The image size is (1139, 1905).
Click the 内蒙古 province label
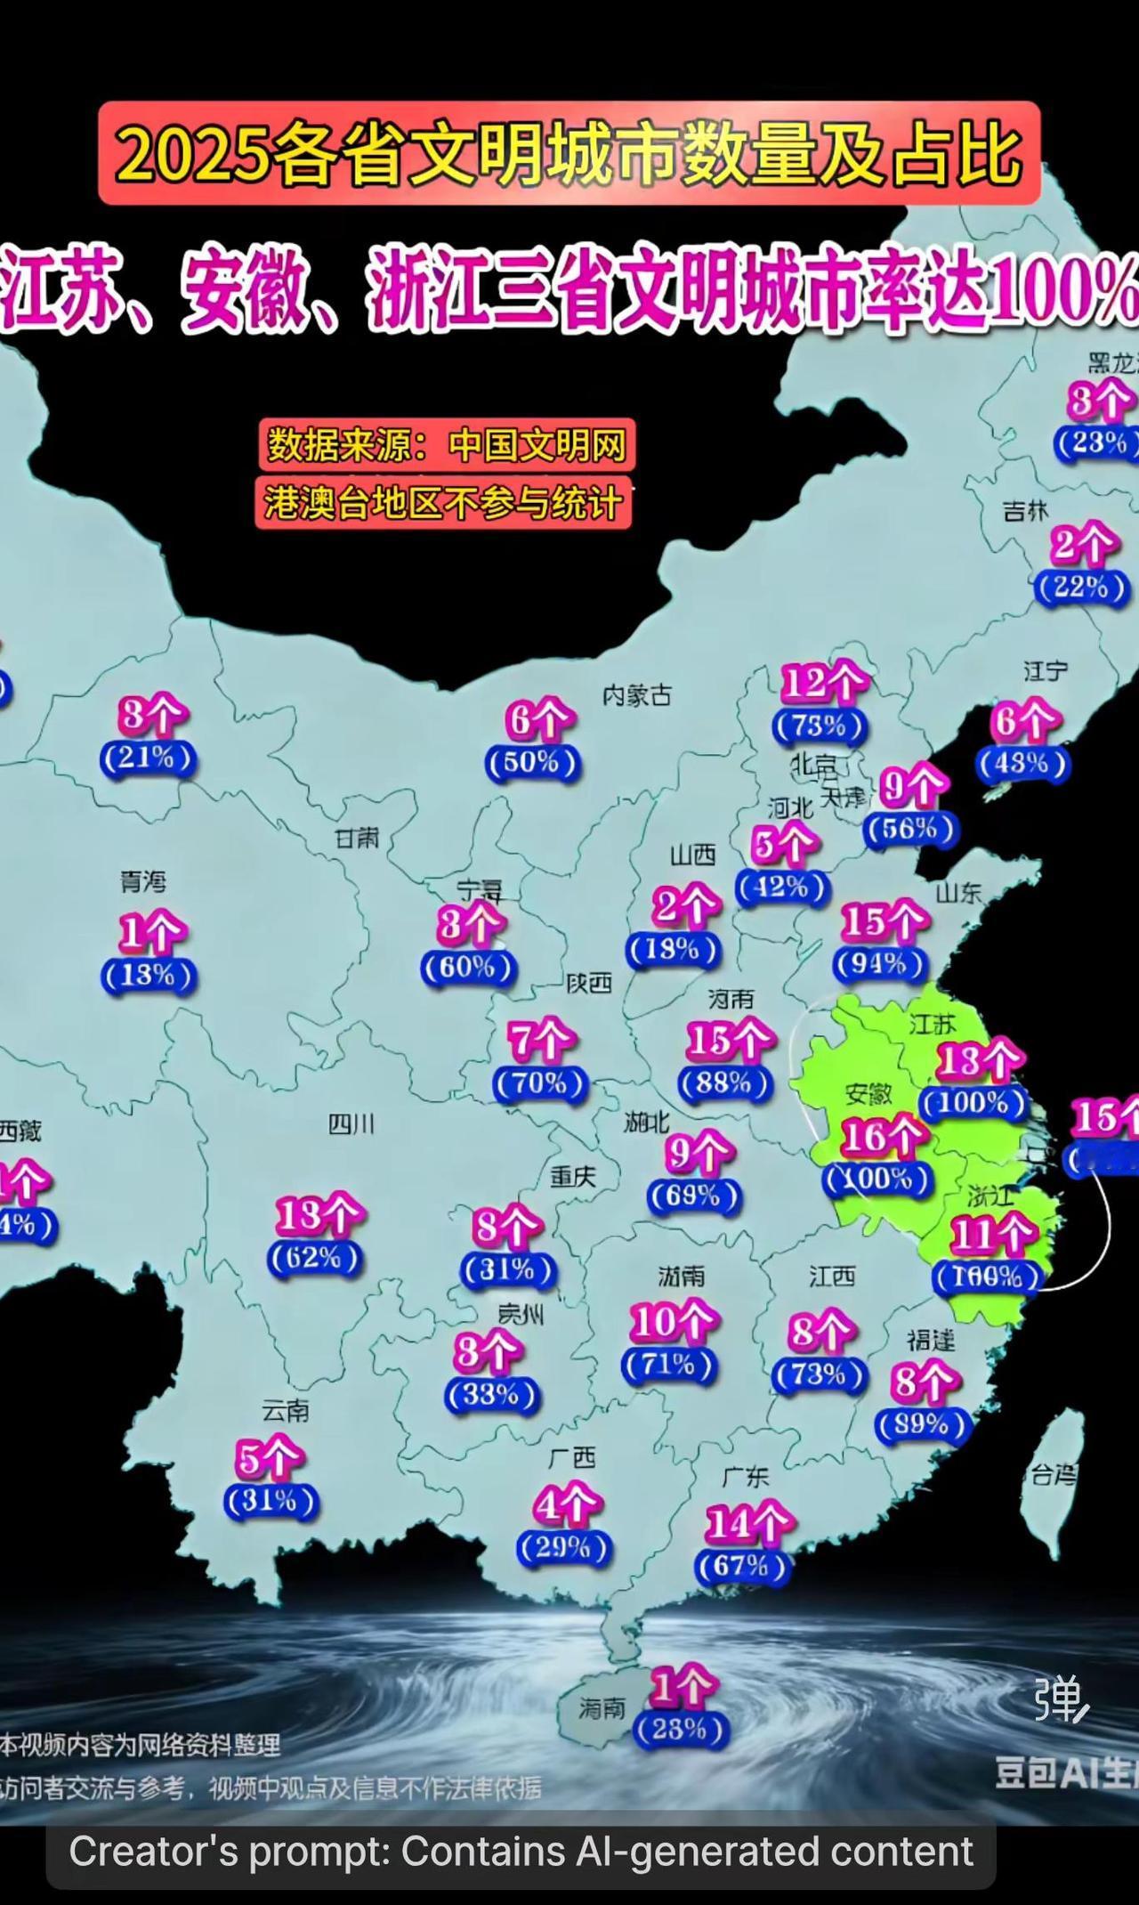pyautogui.click(x=637, y=695)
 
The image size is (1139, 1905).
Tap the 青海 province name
pyautogui.click(x=143, y=881)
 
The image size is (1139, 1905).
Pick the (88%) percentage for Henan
pyautogui.click(x=725, y=1082)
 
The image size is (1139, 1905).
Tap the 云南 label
pyautogui.click(x=286, y=1411)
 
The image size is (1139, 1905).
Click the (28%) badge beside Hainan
pyautogui.click(x=681, y=1729)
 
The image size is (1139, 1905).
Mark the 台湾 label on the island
pyautogui.click(x=1054, y=1475)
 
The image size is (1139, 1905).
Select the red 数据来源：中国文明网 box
pyautogui.click(x=448, y=444)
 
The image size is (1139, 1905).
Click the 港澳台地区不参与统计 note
pyautogui.click(x=443, y=504)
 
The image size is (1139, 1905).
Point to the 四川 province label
pyautogui.click(x=351, y=1124)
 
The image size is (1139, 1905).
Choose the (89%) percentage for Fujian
pyautogui.click(x=922, y=1425)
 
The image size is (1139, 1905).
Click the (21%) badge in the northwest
pyautogui.click(x=148, y=758)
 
